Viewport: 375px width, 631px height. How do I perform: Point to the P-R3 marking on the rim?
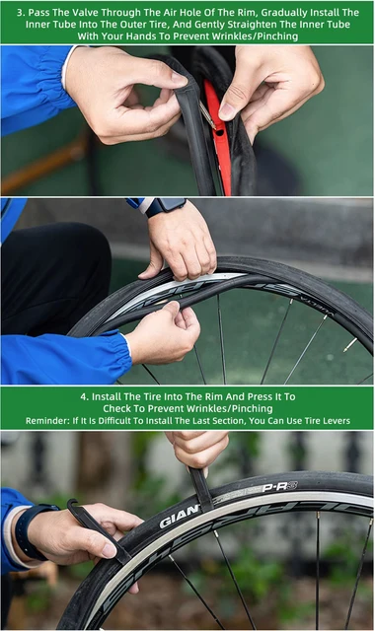point(280,487)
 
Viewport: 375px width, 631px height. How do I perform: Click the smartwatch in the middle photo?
point(164,206)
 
